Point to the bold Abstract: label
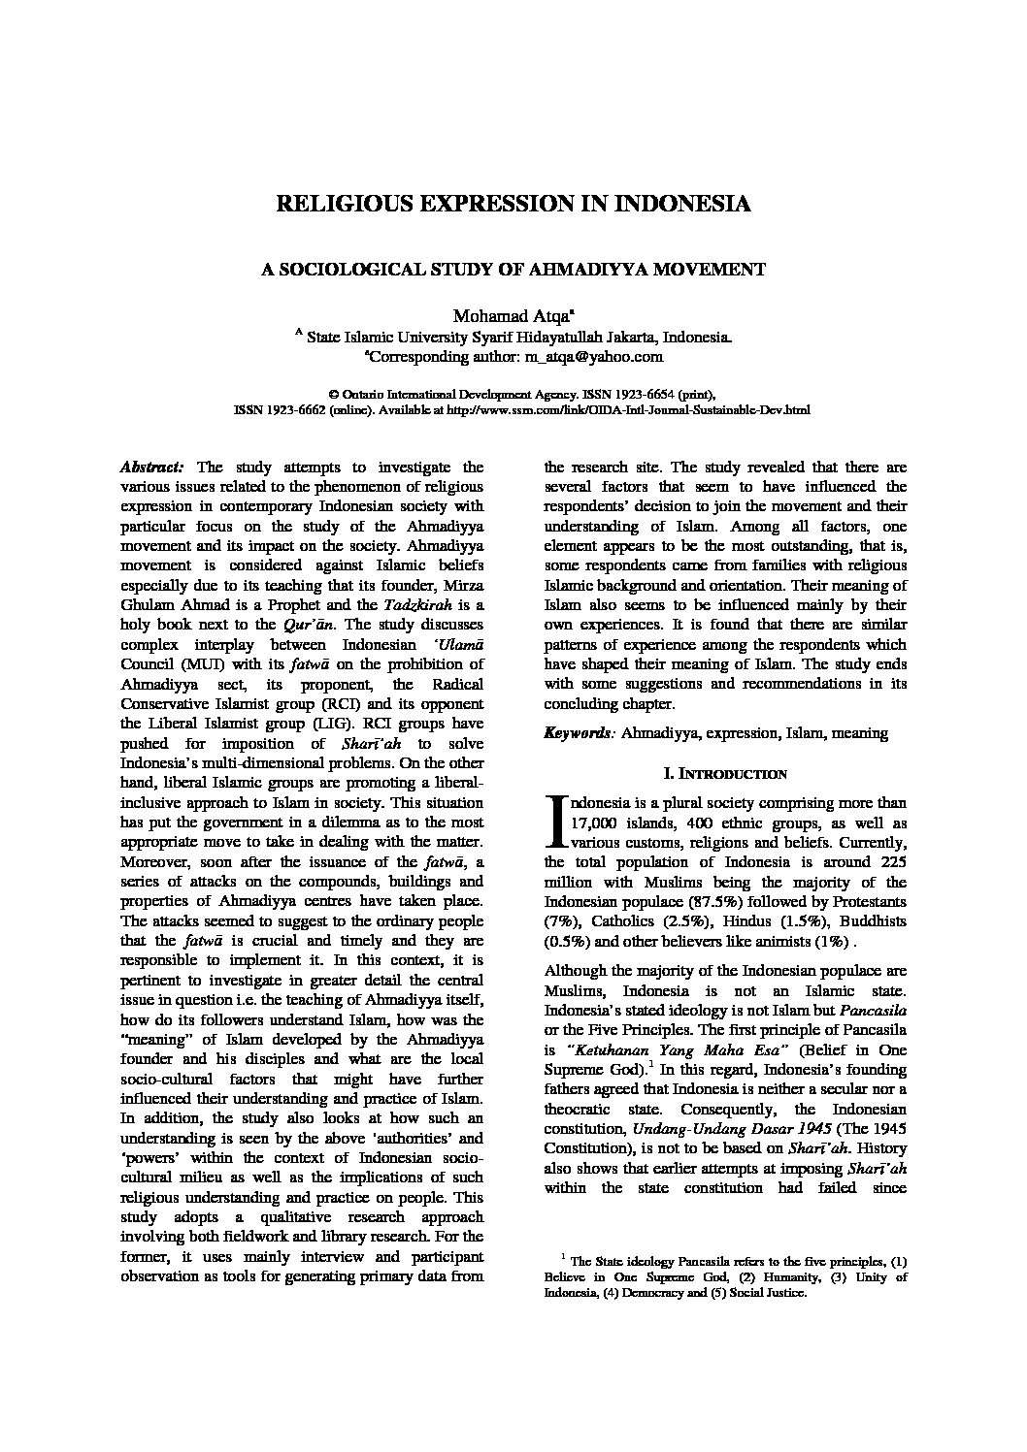tap(151, 467)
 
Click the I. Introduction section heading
tap(724, 774)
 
